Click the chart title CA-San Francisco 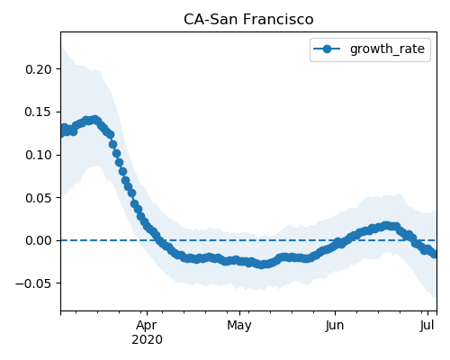248,20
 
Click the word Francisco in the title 278,20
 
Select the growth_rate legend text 387,49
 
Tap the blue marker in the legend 327,49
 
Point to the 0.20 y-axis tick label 39,69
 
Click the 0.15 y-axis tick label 39,112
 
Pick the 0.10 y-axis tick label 39,155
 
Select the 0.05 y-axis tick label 39,198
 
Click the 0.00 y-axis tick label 39,240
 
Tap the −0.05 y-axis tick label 34,283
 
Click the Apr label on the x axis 147,326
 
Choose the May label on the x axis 239,326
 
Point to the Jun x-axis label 335,326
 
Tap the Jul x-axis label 427,326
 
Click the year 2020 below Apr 147,340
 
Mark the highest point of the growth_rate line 95,120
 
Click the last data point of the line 434,254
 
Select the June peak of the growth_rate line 386,226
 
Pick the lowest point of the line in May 262,265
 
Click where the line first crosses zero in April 158,240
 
